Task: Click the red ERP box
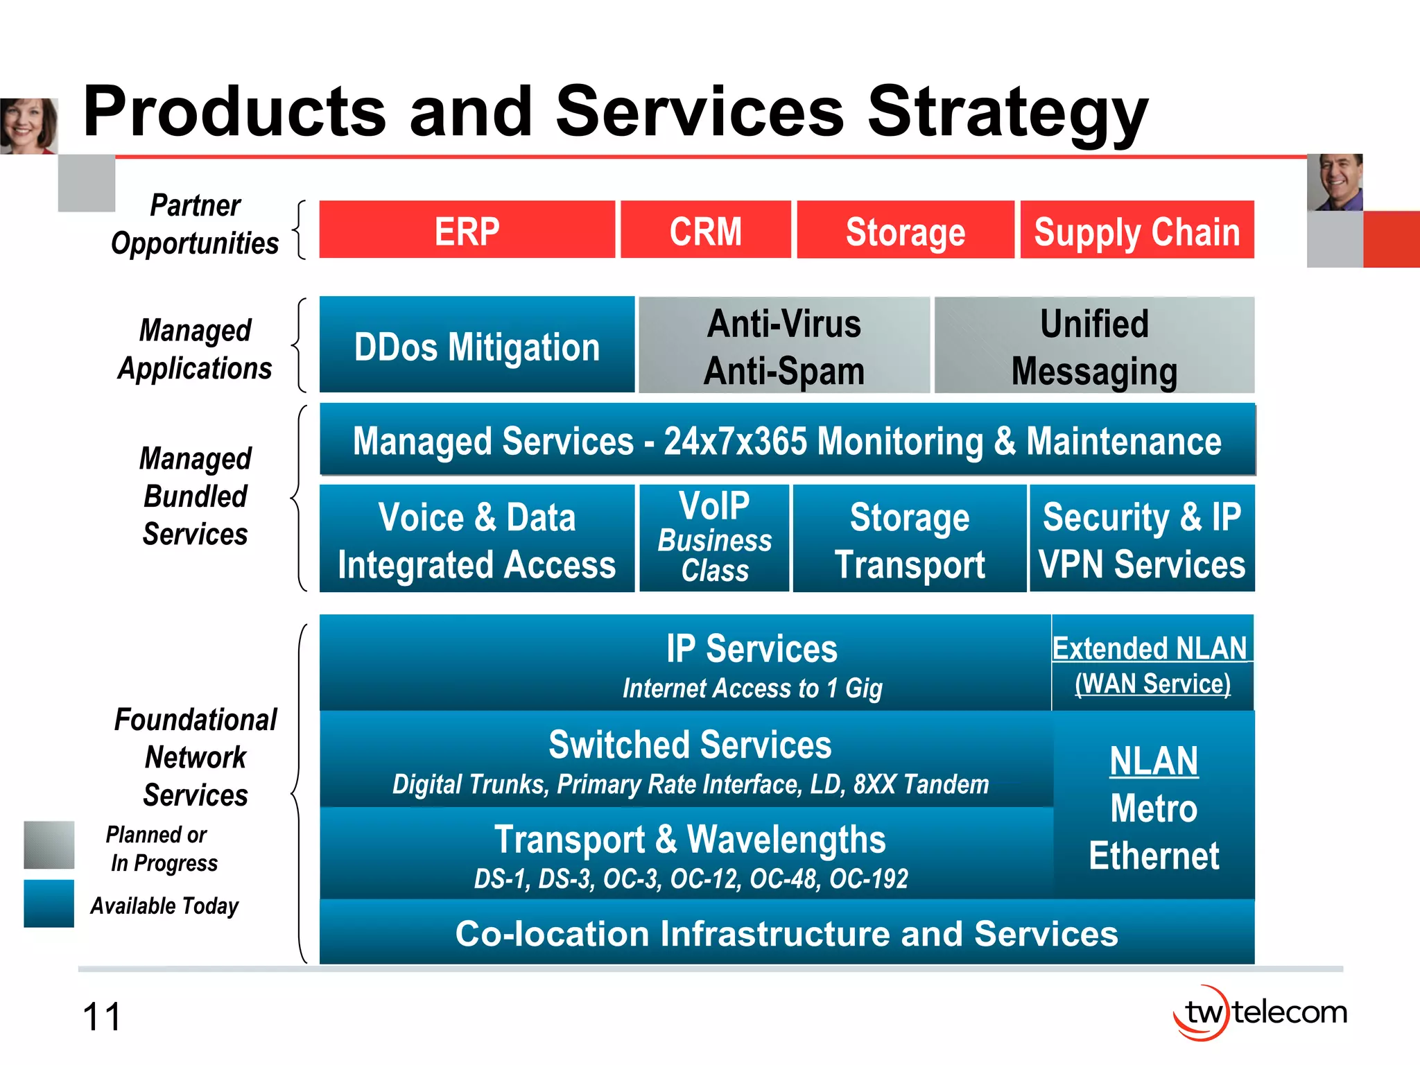click(x=467, y=230)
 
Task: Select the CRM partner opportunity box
click(x=705, y=230)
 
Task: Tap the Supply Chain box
click(x=1136, y=230)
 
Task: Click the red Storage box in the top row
click(x=905, y=230)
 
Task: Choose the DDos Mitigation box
click(x=476, y=345)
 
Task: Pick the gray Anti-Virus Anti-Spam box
click(x=783, y=345)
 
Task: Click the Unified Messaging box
click(x=1094, y=345)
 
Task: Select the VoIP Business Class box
click(x=714, y=537)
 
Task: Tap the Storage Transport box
click(x=909, y=539)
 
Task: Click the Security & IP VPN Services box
click(x=1142, y=539)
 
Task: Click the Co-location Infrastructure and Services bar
click(x=786, y=933)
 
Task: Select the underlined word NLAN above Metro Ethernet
click(x=1154, y=761)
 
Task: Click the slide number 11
click(x=102, y=1017)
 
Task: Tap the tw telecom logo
click(x=1259, y=1013)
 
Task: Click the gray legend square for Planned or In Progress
click(x=49, y=845)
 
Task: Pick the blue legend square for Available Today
click(x=49, y=903)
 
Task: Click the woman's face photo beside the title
click(x=28, y=125)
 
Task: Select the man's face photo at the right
click(x=1335, y=182)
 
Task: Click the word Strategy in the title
click(x=1007, y=112)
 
